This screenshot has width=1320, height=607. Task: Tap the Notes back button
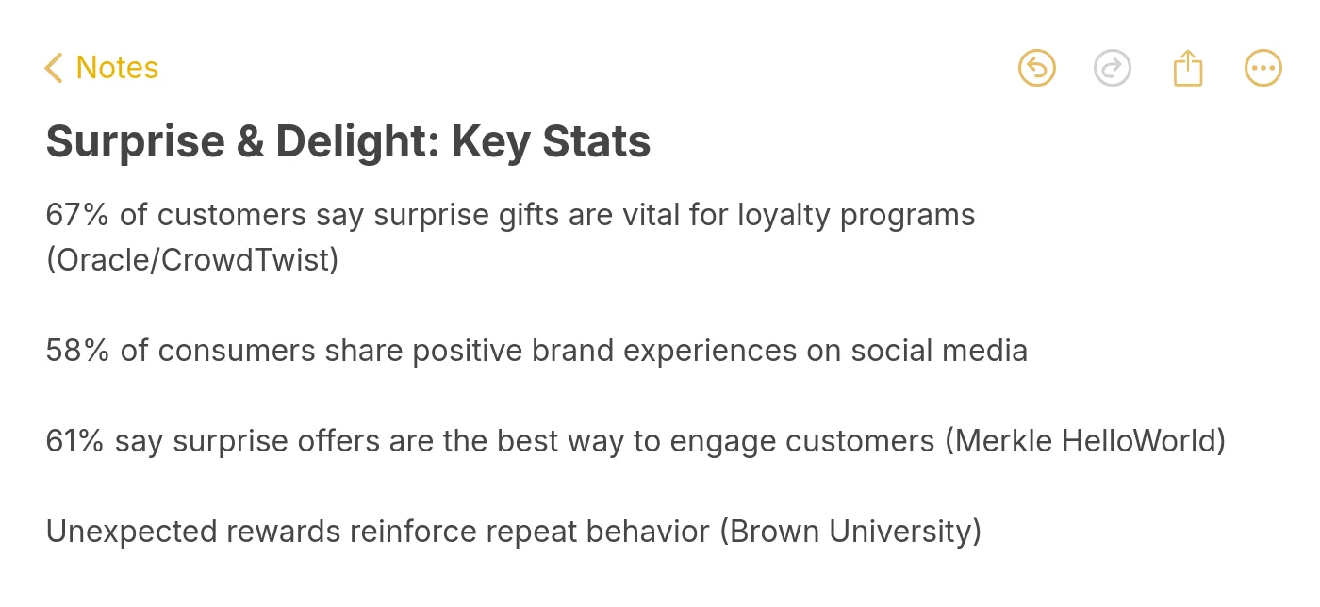coord(102,68)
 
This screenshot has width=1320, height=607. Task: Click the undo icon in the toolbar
coord(1037,68)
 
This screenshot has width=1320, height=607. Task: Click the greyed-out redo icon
coord(1113,68)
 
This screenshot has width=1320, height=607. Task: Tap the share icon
coord(1188,68)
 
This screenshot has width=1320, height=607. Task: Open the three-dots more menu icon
coord(1263,68)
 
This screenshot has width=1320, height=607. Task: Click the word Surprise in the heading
coord(136,142)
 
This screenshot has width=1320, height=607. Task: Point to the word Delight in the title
coord(353,142)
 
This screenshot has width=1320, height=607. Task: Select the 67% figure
coord(78,215)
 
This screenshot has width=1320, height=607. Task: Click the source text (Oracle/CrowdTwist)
coord(192,259)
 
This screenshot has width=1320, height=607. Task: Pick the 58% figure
coord(78,351)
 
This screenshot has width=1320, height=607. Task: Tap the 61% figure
coord(75,441)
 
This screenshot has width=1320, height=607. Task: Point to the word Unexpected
coord(131,532)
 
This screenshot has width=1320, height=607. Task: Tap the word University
coord(905,532)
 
